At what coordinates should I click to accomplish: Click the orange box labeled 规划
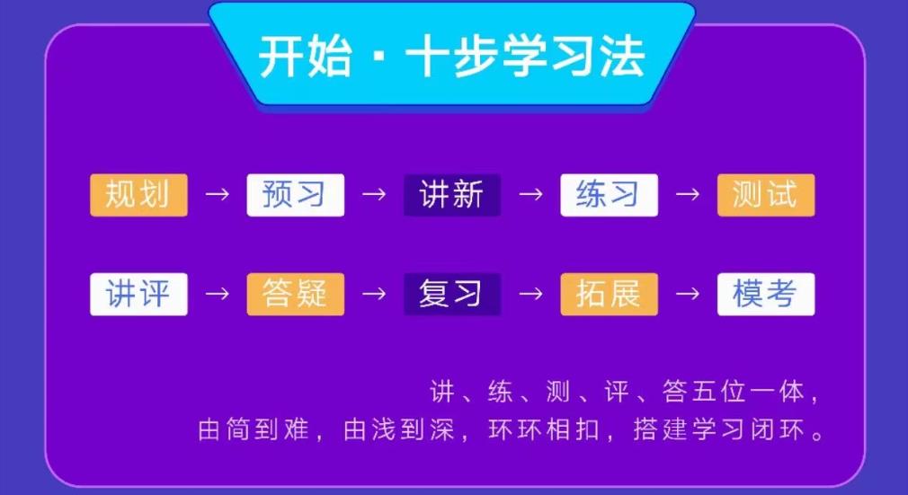138,195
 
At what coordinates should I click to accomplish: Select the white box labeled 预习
295,195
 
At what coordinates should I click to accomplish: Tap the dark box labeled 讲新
451,195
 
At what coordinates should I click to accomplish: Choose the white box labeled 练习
609,195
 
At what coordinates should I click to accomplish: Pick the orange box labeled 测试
765,195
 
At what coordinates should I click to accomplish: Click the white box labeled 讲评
138,294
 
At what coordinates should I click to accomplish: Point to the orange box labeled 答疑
295,294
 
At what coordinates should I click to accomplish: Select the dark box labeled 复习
451,294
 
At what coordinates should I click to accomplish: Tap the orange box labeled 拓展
609,294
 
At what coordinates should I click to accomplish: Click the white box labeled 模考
765,294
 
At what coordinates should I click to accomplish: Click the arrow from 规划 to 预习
217,195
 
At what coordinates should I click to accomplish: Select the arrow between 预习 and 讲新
373,195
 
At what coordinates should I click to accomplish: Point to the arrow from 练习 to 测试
687,195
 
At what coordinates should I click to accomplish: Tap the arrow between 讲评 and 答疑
217,294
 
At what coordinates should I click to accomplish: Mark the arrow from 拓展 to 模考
687,294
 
